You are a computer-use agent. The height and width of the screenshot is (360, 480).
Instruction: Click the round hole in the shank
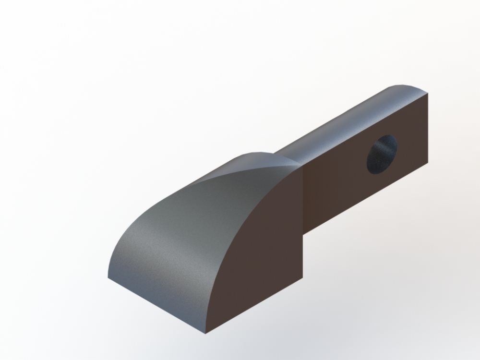[382, 154]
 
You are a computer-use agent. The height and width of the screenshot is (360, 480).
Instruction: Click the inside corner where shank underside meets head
[303, 232]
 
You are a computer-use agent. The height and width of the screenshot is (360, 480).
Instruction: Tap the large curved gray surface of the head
[192, 226]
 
